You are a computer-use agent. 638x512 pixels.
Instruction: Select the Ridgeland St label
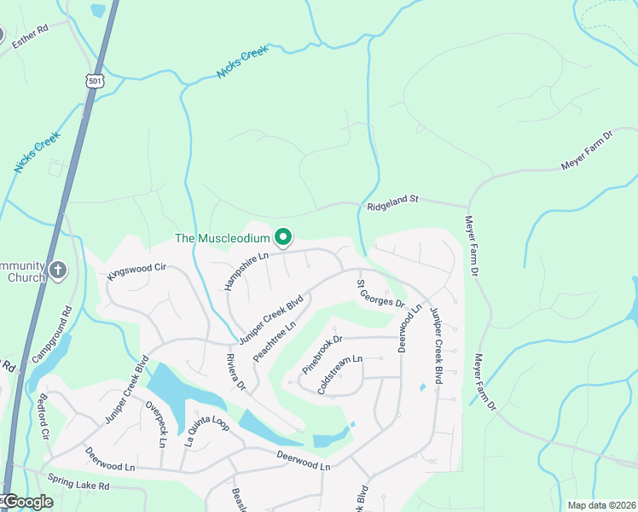(x=392, y=202)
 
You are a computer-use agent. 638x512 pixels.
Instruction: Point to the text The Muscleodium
(x=222, y=238)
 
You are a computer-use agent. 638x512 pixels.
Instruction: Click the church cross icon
(x=57, y=271)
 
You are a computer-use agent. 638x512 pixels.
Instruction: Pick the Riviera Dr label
(x=236, y=373)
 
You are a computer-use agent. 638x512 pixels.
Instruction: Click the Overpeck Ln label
(x=155, y=423)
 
